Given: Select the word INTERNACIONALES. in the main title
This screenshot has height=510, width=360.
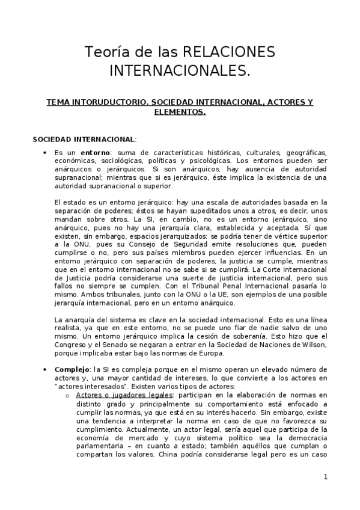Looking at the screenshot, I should click(x=179, y=72).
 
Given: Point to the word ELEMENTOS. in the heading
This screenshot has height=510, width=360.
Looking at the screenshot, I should click(x=180, y=111).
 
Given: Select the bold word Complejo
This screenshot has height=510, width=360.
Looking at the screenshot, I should click(x=72, y=369).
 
